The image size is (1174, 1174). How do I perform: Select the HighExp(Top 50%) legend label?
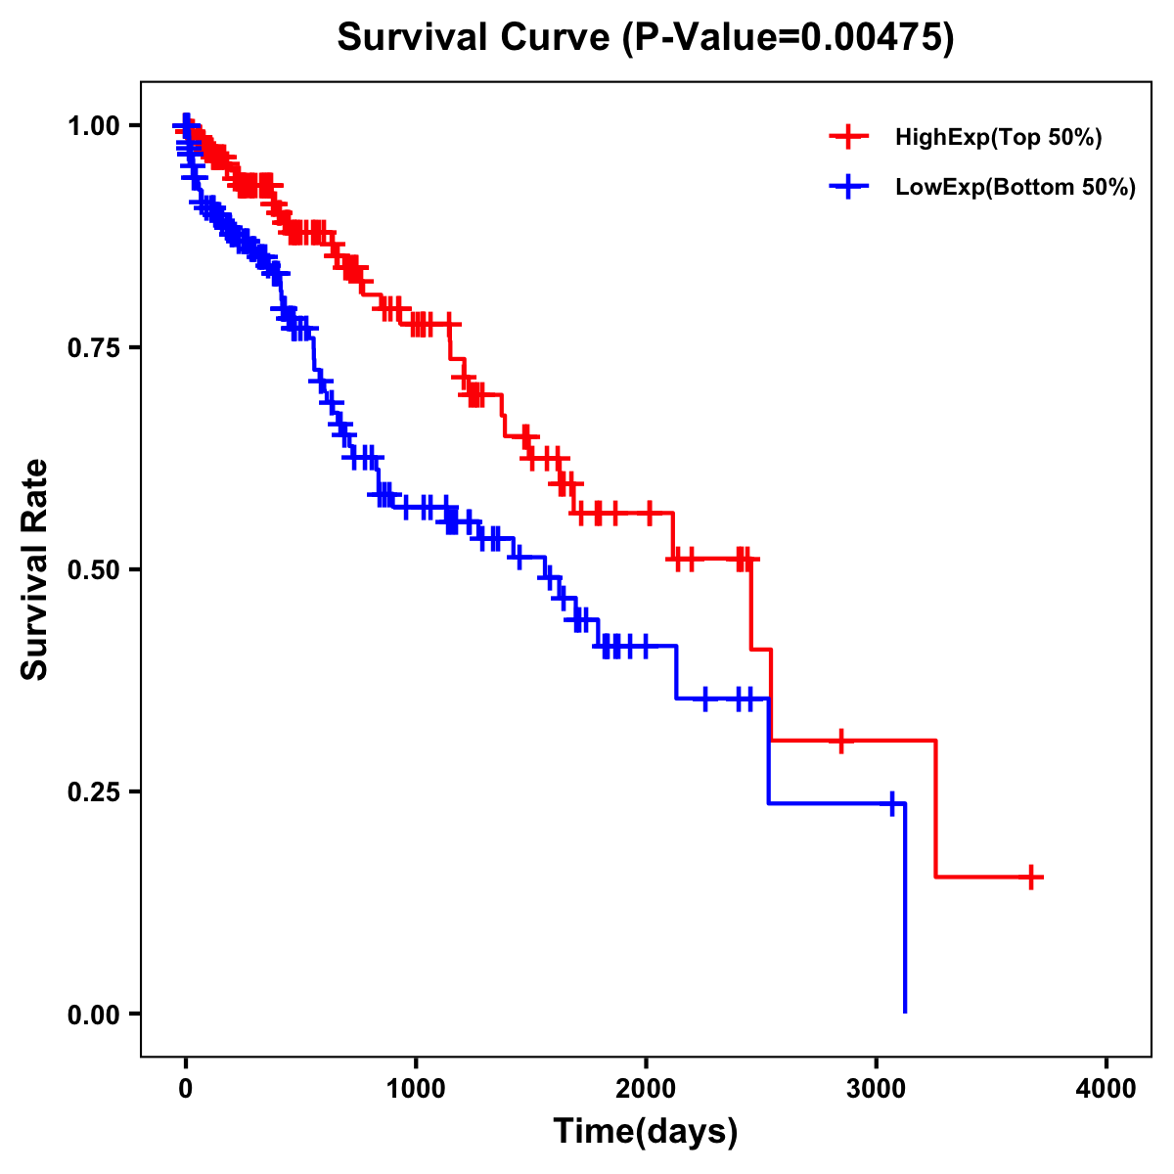(x=999, y=138)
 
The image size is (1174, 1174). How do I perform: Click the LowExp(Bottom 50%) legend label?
(x=1016, y=188)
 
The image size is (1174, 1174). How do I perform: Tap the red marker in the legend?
(x=848, y=137)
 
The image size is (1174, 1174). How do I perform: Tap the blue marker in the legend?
(x=848, y=187)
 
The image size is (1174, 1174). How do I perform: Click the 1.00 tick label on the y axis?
(x=93, y=125)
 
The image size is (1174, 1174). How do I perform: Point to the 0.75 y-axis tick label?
(x=93, y=347)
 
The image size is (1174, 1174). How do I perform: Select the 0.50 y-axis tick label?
(x=93, y=569)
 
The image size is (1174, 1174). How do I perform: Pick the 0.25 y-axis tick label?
(x=93, y=791)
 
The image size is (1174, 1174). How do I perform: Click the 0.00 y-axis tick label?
(x=93, y=1014)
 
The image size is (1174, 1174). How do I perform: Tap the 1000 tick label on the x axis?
(x=416, y=1089)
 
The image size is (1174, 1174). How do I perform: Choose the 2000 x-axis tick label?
(x=646, y=1089)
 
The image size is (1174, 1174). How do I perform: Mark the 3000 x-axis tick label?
(x=877, y=1089)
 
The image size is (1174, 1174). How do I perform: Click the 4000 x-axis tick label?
(x=1106, y=1089)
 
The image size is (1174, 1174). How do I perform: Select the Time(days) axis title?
(x=646, y=1132)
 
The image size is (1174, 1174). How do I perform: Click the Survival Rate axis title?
(x=35, y=568)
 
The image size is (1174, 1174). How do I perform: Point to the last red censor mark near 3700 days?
(x=1031, y=877)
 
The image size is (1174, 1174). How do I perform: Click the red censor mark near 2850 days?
(x=840, y=741)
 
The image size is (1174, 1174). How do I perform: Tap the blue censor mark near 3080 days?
(x=892, y=803)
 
